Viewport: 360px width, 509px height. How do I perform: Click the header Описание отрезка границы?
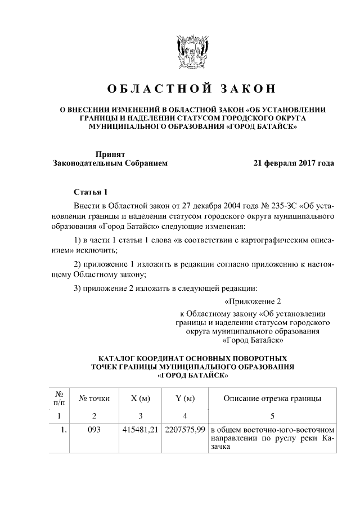click(272, 399)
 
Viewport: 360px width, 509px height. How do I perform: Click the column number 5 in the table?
click(272, 416)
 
